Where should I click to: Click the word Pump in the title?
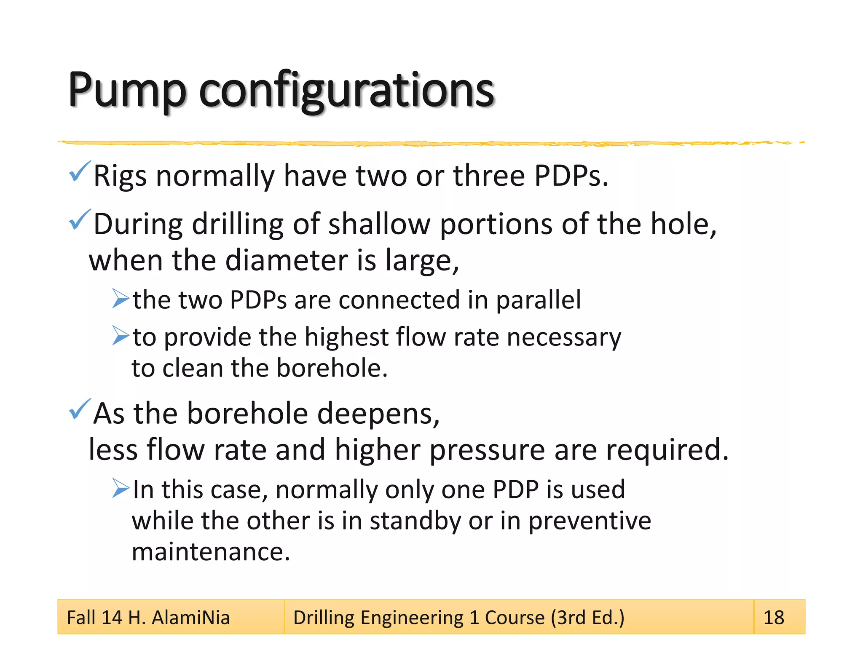(127, 90)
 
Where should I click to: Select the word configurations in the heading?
(346, 90)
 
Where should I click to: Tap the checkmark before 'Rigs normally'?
(79, 171)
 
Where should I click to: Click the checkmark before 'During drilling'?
(79, 219)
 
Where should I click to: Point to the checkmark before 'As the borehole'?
(79, 409)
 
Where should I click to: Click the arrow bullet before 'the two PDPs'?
(121, 299)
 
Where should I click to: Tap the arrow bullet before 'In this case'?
(121, 488)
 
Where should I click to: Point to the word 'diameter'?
(287, 260)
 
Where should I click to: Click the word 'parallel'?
(538, 300)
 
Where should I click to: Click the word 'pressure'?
(487, 450)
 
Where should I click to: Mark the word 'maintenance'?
(211, 551)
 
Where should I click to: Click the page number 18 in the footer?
(774, 618)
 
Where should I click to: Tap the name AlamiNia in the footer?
(190, 618)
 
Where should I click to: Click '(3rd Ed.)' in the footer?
(587, 618)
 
